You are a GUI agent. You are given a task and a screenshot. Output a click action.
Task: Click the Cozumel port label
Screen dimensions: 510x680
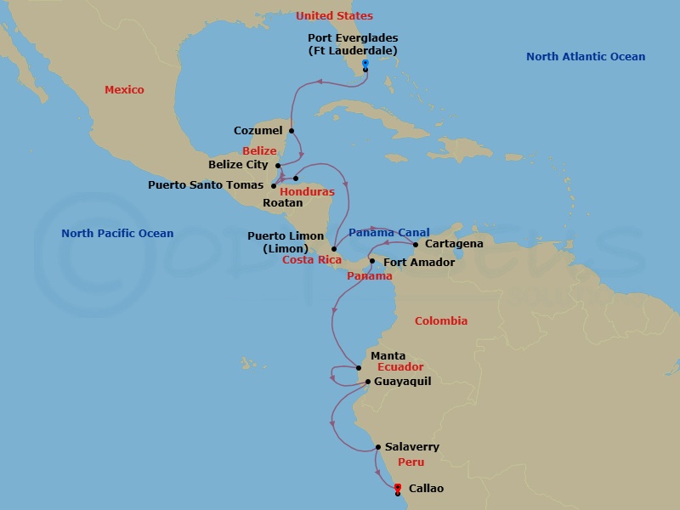click(258, 131)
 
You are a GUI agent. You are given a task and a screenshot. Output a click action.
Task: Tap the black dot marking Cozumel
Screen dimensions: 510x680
click(292, 131)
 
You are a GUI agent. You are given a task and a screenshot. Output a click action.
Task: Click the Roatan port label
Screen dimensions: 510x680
click(282, 203)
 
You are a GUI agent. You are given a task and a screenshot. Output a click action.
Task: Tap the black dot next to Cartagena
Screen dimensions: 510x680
click(416, 244)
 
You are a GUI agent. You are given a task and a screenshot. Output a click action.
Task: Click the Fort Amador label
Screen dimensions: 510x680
click(419, 263)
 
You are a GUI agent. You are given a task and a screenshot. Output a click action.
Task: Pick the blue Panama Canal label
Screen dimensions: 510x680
click(388, 232)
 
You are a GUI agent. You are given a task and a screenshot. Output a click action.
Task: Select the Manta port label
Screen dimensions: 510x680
click(388, 356)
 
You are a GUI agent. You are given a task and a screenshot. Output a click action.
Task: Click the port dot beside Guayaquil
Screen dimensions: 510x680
click(367, 382)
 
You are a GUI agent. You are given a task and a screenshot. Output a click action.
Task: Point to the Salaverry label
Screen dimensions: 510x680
click(411, 447)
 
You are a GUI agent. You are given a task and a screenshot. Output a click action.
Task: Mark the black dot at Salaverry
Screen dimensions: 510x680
click(378, 447)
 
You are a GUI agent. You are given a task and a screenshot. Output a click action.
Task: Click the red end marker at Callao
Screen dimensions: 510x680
click(398, 487)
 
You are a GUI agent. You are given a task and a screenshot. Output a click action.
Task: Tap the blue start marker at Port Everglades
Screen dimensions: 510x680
click(365, 63)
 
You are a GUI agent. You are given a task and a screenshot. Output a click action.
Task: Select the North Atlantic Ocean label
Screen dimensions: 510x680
click(585, 57)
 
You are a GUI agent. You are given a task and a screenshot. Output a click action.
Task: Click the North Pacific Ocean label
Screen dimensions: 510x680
click(117, 234)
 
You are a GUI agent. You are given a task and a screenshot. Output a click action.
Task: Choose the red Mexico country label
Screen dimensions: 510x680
click(124, 90)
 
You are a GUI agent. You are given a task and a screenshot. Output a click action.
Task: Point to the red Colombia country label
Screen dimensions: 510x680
click(440, 321)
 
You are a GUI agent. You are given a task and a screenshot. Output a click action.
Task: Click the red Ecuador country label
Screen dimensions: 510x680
click(400, 367)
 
